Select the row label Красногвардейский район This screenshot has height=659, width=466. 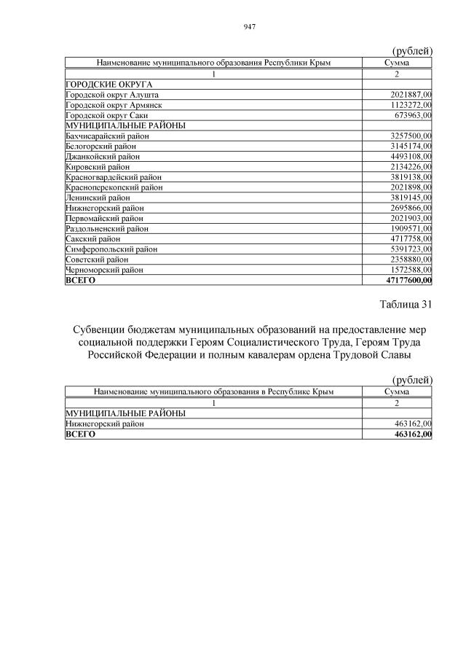pos(113,177)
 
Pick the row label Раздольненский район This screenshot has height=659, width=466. pos(107,228)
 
